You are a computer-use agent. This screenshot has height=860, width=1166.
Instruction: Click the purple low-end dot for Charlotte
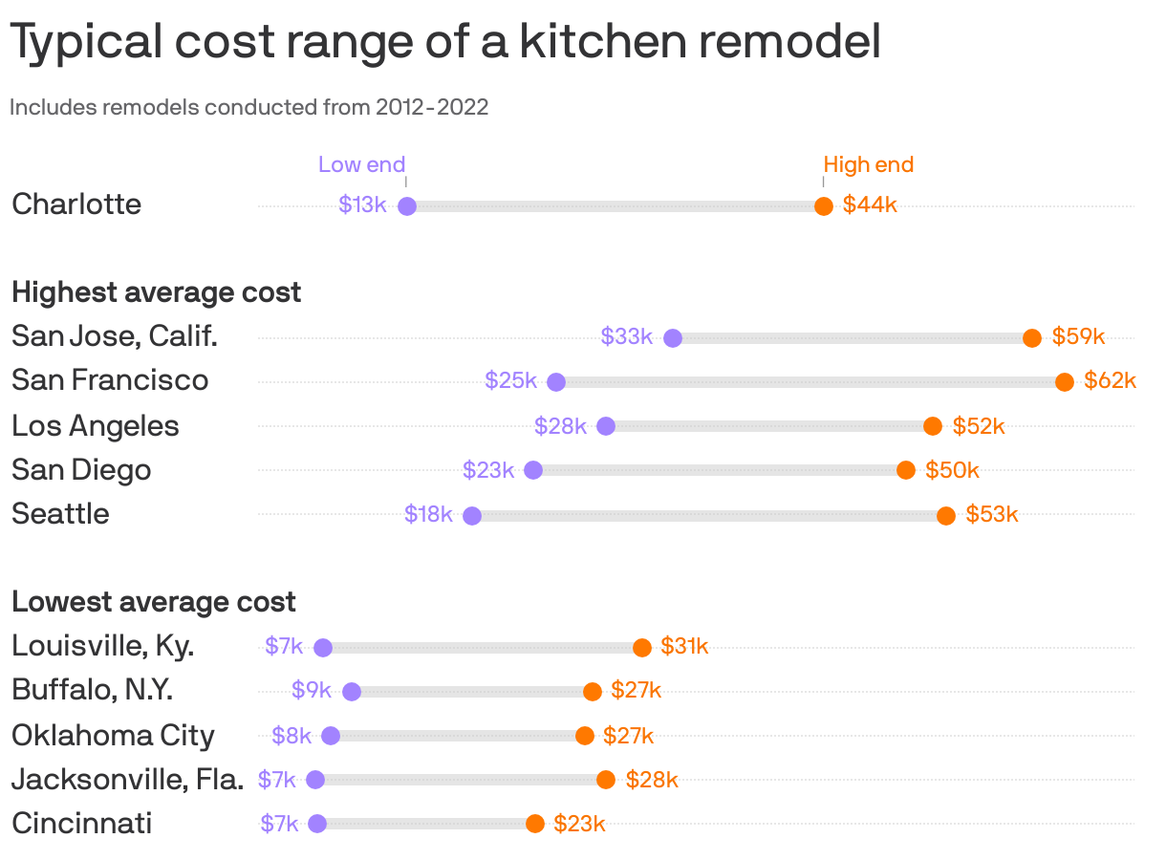pos(406,206)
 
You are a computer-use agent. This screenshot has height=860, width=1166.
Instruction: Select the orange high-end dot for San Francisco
pos(1064,382)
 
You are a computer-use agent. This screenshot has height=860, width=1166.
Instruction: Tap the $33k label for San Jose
pos(626,336)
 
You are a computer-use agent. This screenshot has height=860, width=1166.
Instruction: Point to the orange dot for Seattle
pos(946,516)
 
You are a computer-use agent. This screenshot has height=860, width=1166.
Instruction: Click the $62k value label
pos(1110,380)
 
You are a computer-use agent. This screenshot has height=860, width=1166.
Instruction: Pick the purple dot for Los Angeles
pos(605,426)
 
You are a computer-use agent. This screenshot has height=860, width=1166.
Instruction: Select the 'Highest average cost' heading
pos(156,291)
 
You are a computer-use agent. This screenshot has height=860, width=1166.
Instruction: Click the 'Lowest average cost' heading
pos(154,602)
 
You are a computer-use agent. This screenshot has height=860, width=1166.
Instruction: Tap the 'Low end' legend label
pos(361,164)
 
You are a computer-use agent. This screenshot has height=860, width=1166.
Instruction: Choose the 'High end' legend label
pos(868,164)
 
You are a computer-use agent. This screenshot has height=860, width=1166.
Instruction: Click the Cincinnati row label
pos(81,823)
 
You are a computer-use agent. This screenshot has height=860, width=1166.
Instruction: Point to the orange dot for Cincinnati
pos(535,824)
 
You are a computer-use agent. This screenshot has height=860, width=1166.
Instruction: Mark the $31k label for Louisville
pos(684,646)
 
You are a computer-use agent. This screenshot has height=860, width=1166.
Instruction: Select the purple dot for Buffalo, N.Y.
pos(352,692)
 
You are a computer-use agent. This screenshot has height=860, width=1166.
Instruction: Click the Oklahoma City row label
pos(113,735)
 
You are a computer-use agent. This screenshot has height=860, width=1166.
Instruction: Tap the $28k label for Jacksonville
pos(652,779)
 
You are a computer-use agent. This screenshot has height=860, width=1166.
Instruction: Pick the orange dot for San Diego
pos(906,470)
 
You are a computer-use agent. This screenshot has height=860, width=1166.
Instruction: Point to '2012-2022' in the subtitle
pos(432,107)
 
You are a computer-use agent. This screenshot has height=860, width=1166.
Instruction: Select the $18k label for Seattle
pos(428,514)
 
